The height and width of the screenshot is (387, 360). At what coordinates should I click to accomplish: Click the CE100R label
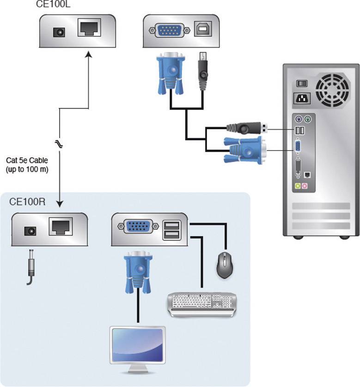[27, 202]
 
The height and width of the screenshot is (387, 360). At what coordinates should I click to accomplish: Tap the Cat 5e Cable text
[26, 164]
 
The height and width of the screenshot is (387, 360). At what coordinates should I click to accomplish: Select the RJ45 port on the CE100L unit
[88, 28]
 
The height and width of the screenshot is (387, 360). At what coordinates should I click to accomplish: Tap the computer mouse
[225, 265]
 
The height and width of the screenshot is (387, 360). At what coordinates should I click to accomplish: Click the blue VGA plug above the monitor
[137, 275]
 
